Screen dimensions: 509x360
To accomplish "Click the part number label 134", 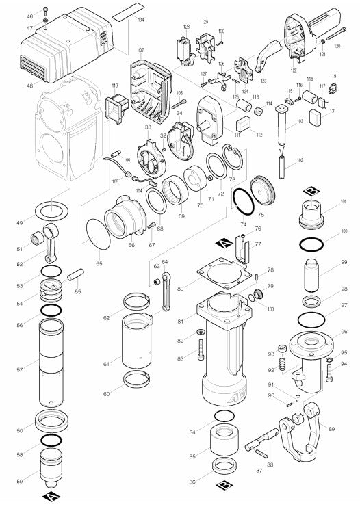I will (x=141, y=19).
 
